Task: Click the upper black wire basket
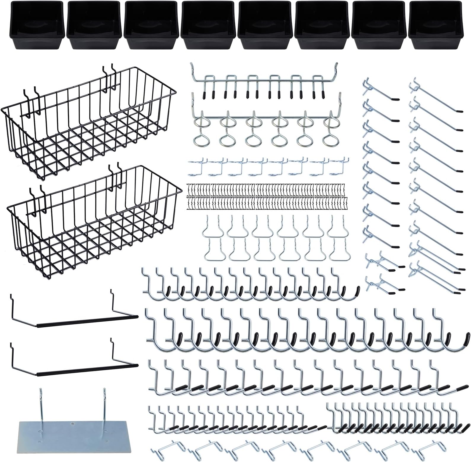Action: tap(89, 125)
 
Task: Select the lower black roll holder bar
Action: tap(86, 365)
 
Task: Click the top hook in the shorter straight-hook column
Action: tap(381, 92)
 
